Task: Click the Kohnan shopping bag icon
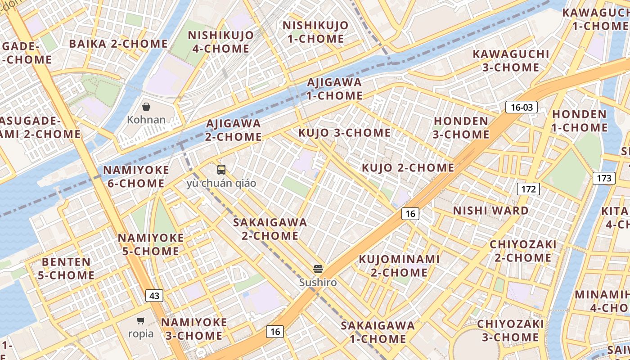(146, 107)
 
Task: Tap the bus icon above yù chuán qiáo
(221, 170)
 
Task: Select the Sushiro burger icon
(318, 269)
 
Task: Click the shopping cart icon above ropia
(141, 320)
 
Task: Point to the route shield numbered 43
(154, 296)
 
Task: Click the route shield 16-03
(522, 107)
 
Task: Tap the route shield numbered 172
(528, 189)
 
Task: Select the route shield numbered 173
(604, 178)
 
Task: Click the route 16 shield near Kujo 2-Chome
(410, 214)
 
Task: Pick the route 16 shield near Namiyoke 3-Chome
(275, 332)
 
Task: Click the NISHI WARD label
(490, 211)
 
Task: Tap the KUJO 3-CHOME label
(345, 133)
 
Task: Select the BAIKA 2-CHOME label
(118, 44)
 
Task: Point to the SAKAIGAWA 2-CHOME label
(270, 229)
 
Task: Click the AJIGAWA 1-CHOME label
(334, 89)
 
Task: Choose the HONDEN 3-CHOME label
(461, 128)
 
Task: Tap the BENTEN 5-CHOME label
(66, 268)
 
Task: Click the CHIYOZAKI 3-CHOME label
(510, 330)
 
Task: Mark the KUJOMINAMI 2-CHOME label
(399, 265)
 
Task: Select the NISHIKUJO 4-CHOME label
(220, 42)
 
